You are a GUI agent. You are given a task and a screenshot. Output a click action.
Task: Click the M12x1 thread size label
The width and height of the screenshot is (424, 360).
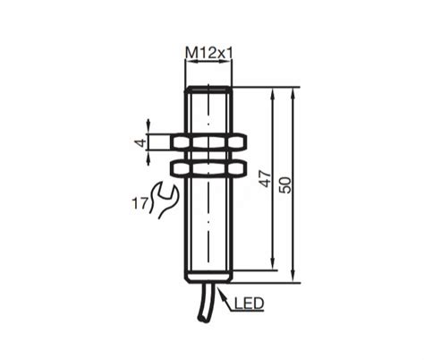pyautogui.click(x=208, y=54)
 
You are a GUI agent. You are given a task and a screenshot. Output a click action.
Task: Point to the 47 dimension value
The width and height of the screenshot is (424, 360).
pyautogui.click(x=263, y=177)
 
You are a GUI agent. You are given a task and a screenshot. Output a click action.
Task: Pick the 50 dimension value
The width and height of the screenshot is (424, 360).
pyautogui.click(x=286, y=184)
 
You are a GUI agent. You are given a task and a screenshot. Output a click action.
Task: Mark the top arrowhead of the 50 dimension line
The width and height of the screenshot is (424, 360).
pyautogui.click(x=293, y=91)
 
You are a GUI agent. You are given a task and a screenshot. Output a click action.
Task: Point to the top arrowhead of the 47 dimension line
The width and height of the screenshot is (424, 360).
pyautogui.click(x=270, y=91)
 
